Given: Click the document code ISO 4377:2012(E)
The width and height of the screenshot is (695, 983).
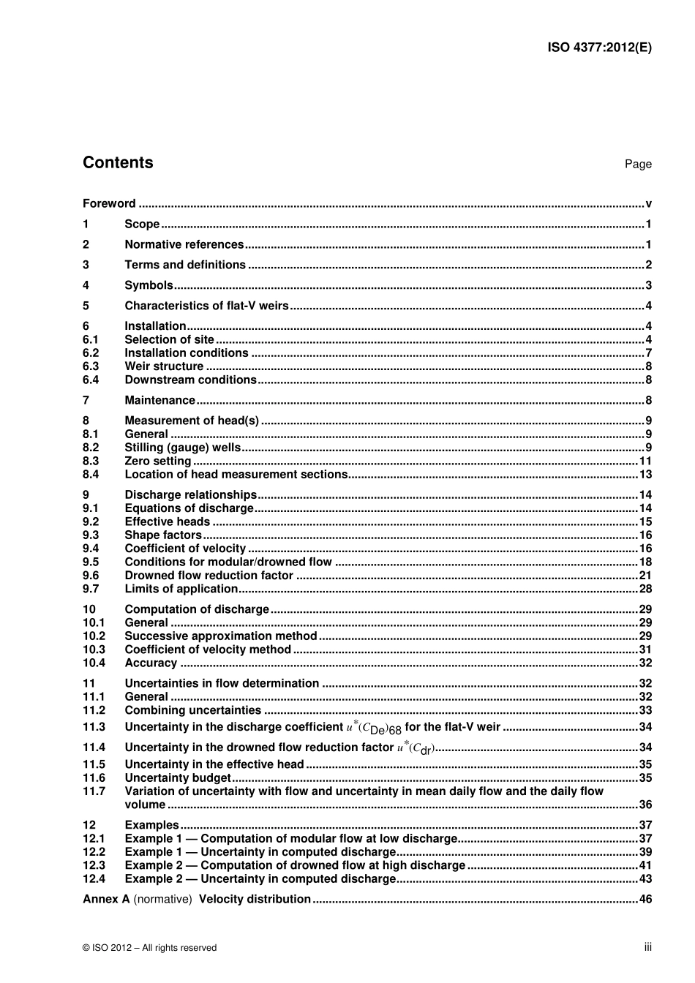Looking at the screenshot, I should tap(599, 48).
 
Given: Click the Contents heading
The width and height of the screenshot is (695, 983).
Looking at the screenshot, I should tap(118, 162).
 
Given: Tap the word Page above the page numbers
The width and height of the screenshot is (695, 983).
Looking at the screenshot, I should tap(637, 165).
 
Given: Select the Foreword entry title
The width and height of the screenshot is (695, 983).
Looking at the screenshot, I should tap(109, 204).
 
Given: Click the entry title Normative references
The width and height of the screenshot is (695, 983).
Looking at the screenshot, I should tap(184, 245).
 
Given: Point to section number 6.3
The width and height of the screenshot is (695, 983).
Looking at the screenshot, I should tap(91, 366).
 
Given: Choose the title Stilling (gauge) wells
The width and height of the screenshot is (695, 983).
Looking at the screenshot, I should tap(182, 448).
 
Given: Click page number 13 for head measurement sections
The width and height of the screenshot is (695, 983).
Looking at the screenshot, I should tap(645, 475).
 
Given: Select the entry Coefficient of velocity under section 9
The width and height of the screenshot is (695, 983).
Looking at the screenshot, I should tap(185, 549).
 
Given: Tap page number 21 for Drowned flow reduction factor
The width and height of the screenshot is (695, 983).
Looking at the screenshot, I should tap(645, 576).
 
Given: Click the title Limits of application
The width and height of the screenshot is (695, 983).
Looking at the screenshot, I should tap(181, 589).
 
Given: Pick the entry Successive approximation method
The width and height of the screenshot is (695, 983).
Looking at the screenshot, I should tap(220, 636).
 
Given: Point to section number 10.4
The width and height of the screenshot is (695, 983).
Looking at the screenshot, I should tap(94, 663).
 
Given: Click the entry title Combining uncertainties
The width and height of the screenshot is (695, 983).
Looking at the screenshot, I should tap(192, 710).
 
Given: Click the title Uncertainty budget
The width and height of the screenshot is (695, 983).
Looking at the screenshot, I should tap(178, 778).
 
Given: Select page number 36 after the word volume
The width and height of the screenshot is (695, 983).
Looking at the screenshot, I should tap(645, 805).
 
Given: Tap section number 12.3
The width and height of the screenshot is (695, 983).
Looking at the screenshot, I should tap(94, 865).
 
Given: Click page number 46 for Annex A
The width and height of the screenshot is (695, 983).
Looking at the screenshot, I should tap(645, 900).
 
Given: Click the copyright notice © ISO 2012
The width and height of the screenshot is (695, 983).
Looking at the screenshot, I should tap(149, 948).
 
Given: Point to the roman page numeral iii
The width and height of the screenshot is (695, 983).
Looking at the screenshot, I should tap(647, 947).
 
